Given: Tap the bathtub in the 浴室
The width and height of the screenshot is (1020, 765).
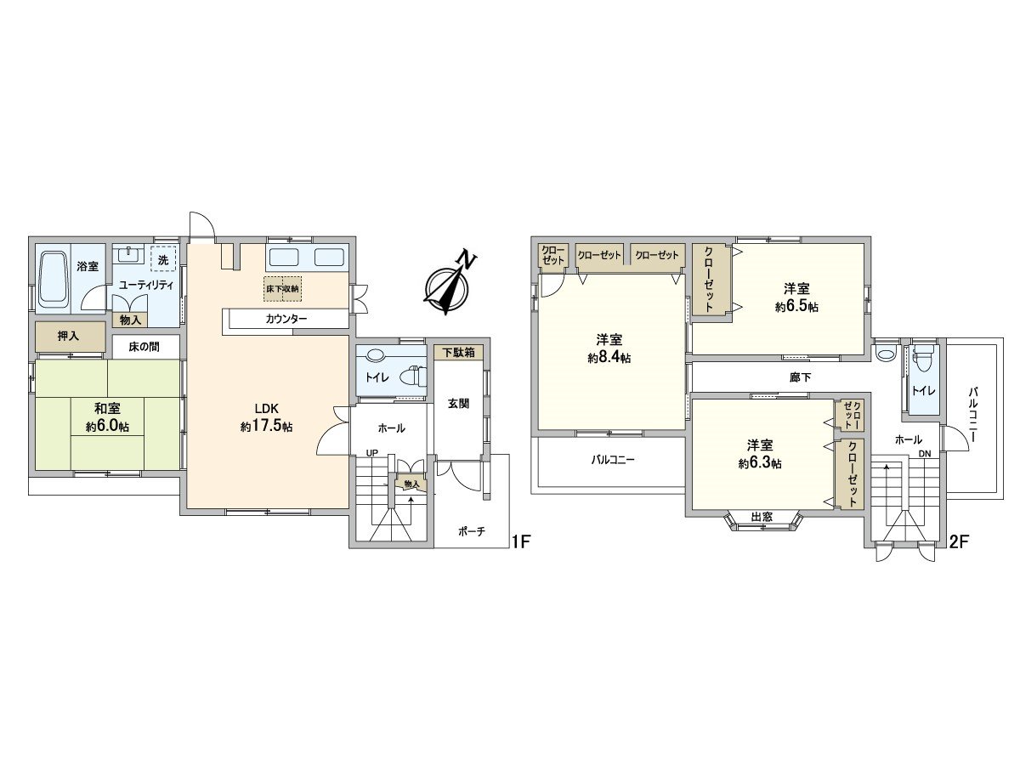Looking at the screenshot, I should tap(54, 279).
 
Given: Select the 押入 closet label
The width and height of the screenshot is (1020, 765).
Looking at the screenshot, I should tap(69, 336).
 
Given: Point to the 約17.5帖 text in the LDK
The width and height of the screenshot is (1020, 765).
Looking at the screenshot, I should tap(266, 428).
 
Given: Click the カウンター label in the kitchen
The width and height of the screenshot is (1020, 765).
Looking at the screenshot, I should tap(286, 319).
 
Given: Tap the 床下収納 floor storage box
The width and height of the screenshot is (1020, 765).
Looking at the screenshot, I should tap(282, 289).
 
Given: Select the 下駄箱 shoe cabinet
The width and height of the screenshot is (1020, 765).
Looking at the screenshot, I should tap(458, 351).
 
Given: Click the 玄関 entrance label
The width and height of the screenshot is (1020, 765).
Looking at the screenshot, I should tap(459, 404).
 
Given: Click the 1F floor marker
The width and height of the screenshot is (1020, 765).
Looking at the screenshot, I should tap(521, 541).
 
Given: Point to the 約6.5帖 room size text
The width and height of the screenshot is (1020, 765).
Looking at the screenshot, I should tap(796, 307).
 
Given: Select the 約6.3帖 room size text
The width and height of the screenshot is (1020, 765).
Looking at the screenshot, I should tap(760, 463).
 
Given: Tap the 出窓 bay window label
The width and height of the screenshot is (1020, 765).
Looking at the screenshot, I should tap(762, 517).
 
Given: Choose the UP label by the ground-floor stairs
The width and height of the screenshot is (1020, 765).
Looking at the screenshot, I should tap(371, 453).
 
